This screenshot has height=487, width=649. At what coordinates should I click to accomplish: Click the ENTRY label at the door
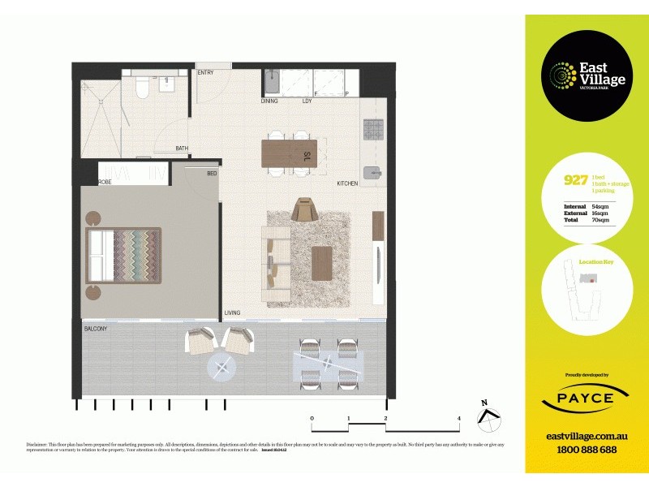(x=205, y=73)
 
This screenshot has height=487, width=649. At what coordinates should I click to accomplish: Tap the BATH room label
(x=183, y=149)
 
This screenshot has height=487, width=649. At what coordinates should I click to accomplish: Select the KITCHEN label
(x=347, y=184)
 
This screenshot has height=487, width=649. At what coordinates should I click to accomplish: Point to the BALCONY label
(x=96, y=329)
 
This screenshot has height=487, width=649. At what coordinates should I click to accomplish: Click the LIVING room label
(x=232, y=312)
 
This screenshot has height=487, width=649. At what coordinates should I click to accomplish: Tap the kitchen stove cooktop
(x=372, y=128)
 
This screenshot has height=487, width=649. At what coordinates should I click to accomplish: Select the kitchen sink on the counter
(x=372, y=172)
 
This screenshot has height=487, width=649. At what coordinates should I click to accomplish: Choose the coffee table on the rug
(x=322, y=263)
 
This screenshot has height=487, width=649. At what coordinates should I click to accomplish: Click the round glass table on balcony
(x=222, y=368)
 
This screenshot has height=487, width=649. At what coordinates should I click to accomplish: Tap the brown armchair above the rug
(x=304, y=209)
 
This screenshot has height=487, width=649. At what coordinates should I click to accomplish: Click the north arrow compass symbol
(x=487, y=414)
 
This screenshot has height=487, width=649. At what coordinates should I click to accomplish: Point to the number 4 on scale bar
(x=459, y=419)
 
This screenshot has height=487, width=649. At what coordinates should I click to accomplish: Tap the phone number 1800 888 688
(x=581, y=450)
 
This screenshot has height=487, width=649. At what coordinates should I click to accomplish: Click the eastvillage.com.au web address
(x=581, y=436)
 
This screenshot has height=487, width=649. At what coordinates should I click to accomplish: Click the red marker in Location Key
(x=593, y=280)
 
